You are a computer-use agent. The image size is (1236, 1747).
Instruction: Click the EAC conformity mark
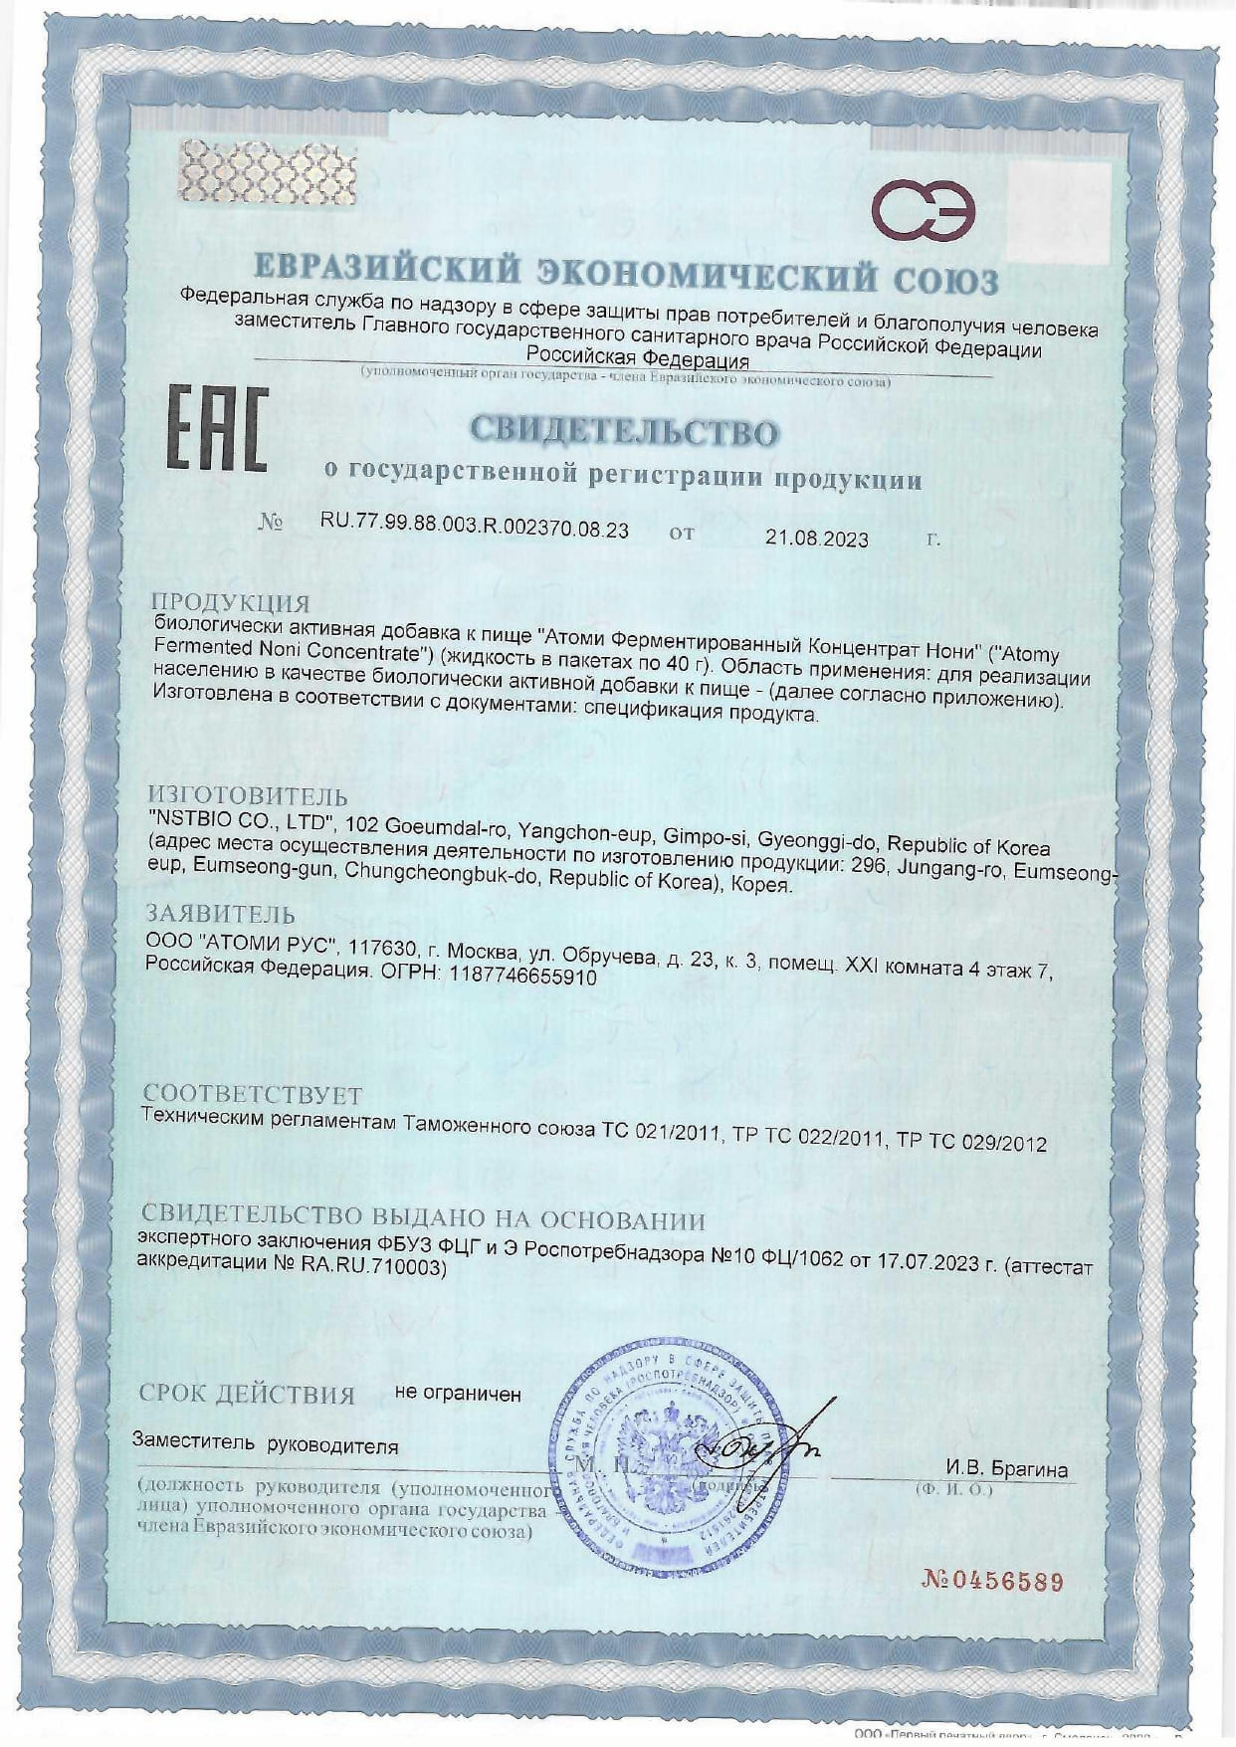[x=216, y=430]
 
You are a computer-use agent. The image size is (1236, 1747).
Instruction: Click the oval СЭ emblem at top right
[x=924, y=210]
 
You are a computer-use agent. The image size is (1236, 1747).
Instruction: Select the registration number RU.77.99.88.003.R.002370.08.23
[x=475, y=530]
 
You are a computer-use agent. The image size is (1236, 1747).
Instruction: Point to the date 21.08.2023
[x=816, y=539]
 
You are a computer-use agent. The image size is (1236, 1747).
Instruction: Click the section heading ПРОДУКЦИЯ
[x=230, y=602]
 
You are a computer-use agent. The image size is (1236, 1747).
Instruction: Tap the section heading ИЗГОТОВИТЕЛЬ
[x=248, y=795]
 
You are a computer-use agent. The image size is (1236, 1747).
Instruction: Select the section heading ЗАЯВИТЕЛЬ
[x=220, y=913]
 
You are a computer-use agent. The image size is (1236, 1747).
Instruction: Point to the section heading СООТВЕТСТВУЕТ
[x=252, y=1095]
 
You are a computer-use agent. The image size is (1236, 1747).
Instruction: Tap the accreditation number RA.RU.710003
[x=371, y=1266]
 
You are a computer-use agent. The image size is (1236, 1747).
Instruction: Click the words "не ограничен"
[x=458, y=1394]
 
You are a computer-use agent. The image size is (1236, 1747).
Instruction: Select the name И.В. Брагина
[x=1006, y=1469]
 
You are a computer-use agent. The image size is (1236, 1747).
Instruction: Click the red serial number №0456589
[x=992, y=1580]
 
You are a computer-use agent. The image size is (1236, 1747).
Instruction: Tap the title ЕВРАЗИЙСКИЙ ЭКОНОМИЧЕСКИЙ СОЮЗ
[x=626, y=274]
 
